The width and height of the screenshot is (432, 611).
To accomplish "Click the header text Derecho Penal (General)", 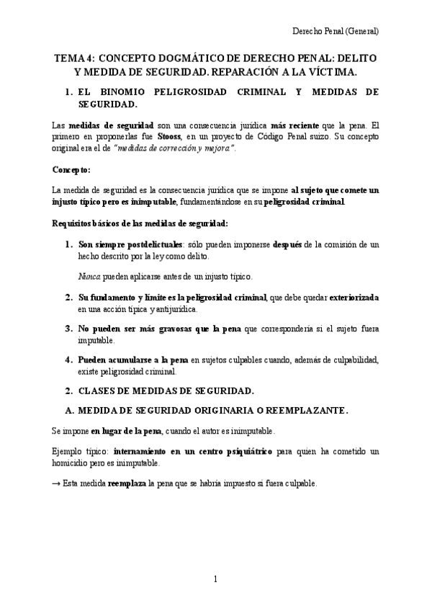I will click(x=335, y=32).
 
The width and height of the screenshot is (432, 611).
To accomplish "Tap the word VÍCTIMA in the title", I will click(x=330, y=72).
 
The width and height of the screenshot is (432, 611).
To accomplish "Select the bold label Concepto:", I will click(x=71, y=169).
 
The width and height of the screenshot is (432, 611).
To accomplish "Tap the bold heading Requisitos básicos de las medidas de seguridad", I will click(x=140, y=224).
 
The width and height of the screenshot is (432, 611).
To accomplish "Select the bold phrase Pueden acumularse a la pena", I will click(x=133, y=360).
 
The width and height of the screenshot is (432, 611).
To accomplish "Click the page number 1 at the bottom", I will click(x=215, y=579).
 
